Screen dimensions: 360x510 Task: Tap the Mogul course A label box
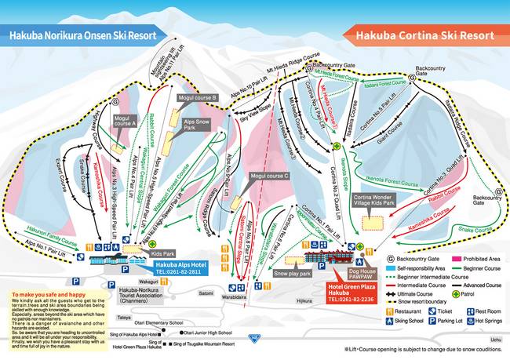[125, 122]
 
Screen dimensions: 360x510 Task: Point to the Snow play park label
[293, 274]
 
